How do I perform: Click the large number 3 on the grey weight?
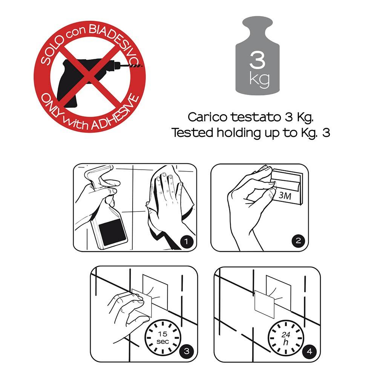257,60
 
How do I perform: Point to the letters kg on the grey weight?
259,79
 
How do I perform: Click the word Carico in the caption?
207,117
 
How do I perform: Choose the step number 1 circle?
186,241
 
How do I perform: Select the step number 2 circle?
298,241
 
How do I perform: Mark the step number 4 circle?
310,351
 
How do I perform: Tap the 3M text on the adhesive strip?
285,196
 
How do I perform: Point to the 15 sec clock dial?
163,337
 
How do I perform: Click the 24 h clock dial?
286,338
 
